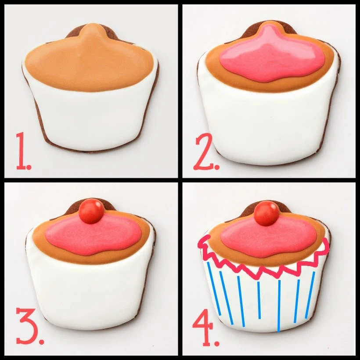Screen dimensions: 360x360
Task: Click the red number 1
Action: pos(21,151)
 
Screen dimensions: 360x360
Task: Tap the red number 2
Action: pos(202,154)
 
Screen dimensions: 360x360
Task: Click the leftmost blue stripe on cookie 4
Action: pos(214,288)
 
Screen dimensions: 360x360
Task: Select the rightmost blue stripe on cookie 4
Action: pos(311,290)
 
